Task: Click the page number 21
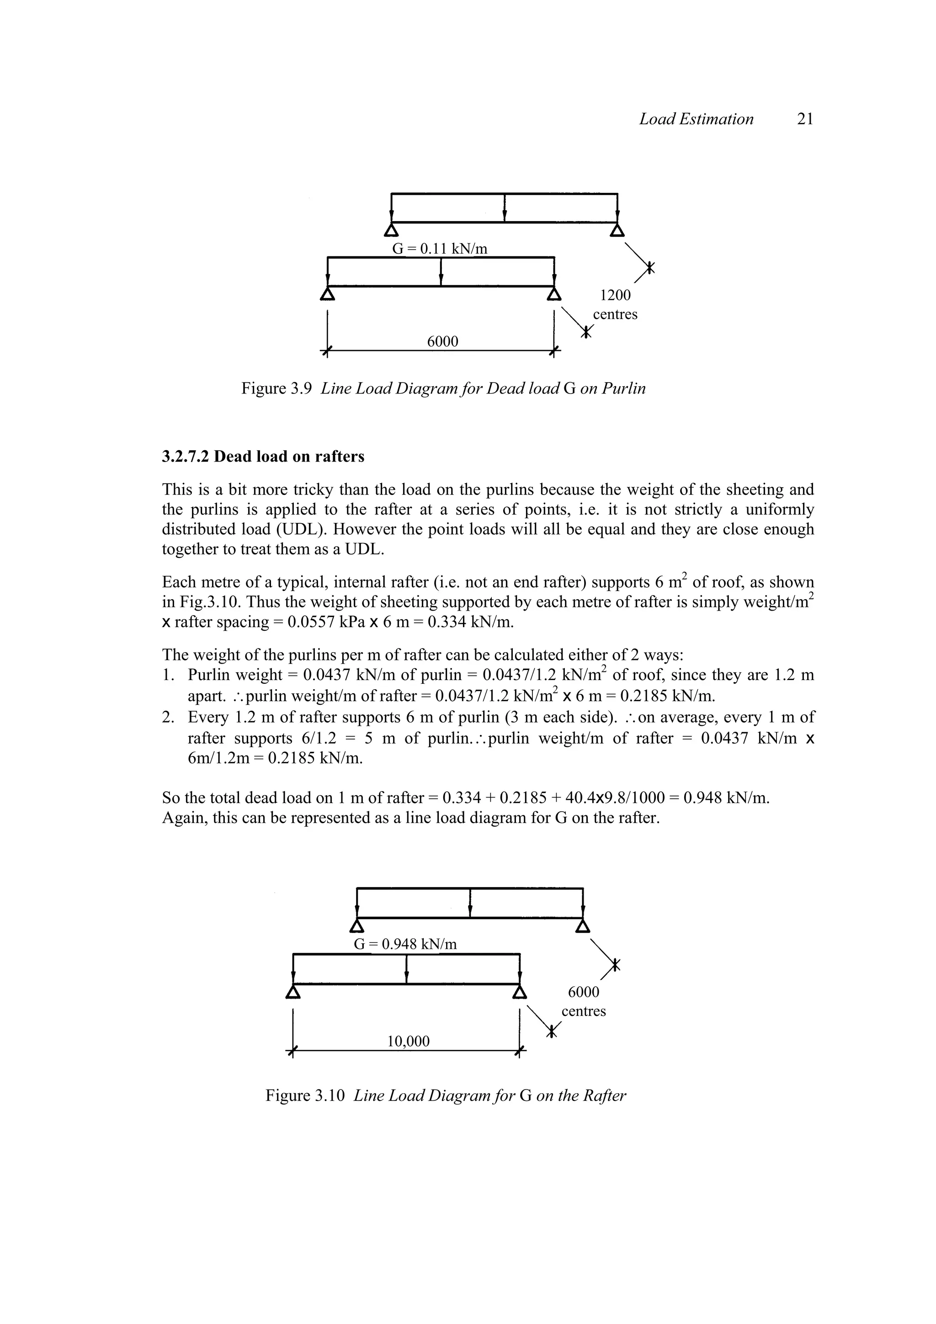804,119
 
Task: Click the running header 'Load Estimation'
696,119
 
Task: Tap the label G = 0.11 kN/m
440,249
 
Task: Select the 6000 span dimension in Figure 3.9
442,342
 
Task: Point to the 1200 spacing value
615,295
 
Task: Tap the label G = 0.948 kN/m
405,944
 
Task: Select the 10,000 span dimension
408,1041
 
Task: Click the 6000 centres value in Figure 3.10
584,992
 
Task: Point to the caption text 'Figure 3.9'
277,388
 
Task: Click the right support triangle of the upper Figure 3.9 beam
617,230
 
